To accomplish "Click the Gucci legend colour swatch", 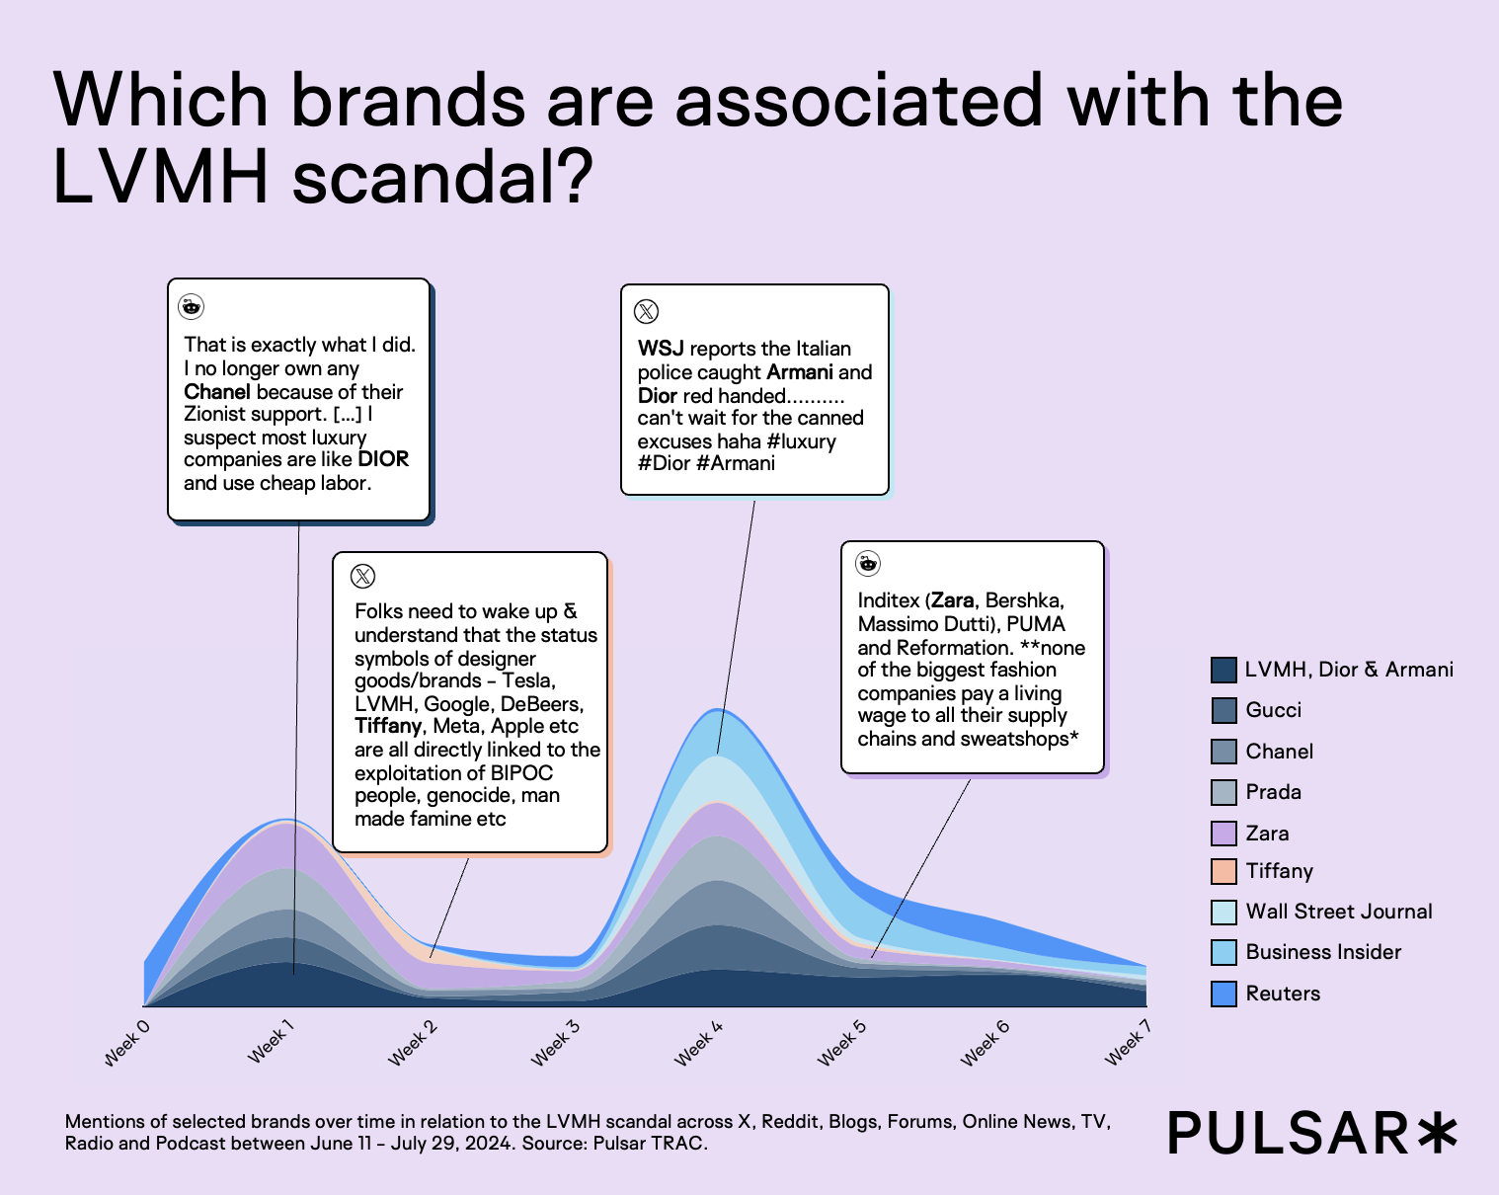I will [1223, 710].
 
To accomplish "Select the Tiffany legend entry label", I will [1279, 871].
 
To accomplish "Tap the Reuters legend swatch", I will [1223, 994].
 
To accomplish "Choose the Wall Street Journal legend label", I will [1338, 912].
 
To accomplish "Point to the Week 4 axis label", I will [699, 1043].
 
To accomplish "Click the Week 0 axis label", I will [127, 1043].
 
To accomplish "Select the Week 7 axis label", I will [1128, 1043].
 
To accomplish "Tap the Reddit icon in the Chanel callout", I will [191, 306].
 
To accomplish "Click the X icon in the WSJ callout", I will [646, 312].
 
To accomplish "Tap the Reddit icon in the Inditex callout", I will [868, 563].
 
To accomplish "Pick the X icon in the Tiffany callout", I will [363, 576].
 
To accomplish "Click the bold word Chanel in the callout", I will [216, 392].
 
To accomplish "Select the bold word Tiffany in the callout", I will [388, 726].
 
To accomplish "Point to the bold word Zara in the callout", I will [952, 600].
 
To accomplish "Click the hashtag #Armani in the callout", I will [736, 463].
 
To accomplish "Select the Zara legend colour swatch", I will [1223, 834].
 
